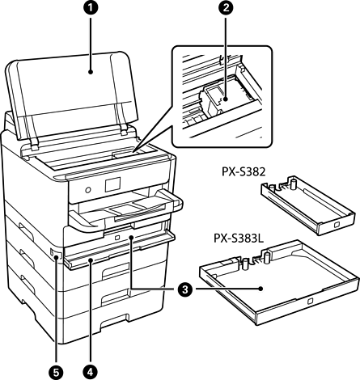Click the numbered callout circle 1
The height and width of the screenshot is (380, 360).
[x=91, y=7]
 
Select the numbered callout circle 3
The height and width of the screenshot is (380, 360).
[x=185, y=289]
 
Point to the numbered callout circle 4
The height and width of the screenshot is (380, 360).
[x=91, y=372]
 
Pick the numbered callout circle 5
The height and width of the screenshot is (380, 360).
[x=56, y=372]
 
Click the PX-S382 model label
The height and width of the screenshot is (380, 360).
[x=244, y=172]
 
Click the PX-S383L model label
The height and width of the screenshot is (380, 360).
[x=239, y=239]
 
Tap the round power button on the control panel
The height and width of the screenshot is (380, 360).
[x=88, y=190]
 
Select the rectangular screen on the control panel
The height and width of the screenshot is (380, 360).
[x=112, y=184]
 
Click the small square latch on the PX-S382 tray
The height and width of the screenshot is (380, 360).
[x=337, y=224]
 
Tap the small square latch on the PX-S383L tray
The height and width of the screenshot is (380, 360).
[x=310, y=301]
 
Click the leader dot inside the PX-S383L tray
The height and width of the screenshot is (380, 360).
[x=260, y=289]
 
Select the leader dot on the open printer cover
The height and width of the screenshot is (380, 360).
[x=91, y=72]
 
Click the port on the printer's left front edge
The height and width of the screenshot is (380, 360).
[x=52, y=252]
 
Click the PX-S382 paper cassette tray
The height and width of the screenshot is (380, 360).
[x=308, y=205]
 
